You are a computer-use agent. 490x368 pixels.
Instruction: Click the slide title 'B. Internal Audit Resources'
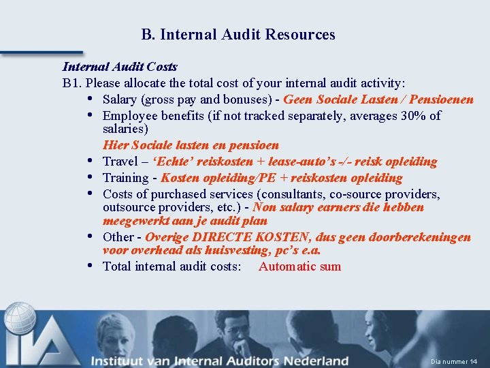238,34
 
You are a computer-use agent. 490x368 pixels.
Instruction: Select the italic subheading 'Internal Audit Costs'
120,67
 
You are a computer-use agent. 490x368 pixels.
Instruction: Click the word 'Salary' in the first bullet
120,99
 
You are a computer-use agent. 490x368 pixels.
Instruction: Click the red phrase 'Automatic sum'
299,266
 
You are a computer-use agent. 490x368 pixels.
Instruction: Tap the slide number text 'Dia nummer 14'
455,361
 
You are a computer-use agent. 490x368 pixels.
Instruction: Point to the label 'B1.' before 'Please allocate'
72,83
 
